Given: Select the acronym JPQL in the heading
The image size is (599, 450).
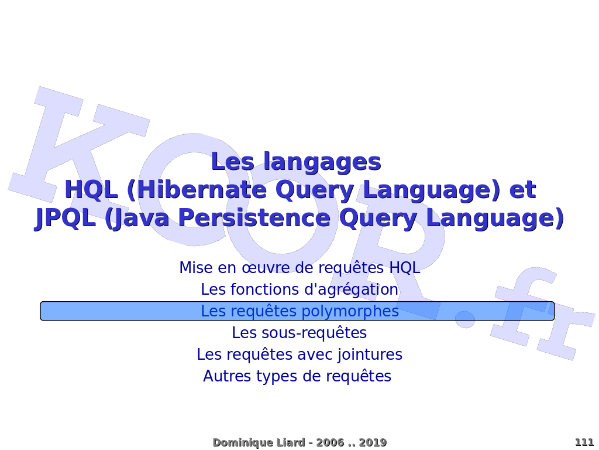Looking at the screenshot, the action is coord(65,219).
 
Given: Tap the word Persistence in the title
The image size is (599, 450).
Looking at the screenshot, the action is coord(254,218).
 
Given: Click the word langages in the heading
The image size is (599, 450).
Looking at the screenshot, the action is coord(322,162).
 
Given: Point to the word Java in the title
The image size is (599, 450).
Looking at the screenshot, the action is coord(137,219).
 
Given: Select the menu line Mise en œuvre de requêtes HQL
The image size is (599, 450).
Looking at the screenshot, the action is coord(299,267).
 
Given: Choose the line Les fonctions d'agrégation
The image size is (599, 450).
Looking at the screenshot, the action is coord(299,289).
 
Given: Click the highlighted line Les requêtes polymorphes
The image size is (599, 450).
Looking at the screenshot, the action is coord(299,311).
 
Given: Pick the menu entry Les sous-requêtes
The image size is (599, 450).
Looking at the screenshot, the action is coord(299,333).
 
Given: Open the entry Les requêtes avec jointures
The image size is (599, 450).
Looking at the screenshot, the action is coord(299,354).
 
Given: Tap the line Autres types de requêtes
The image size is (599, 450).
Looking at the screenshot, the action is coord(297,376).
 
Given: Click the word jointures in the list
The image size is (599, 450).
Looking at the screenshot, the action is coord(370,354).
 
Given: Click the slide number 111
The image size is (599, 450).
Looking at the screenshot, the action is coord(584,442).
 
